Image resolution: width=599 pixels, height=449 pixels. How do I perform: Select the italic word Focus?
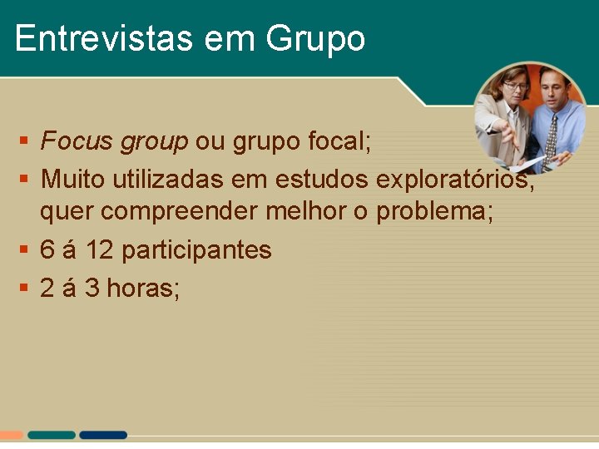coord(77,141)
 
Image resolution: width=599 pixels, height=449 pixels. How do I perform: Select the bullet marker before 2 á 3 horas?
coord(25,288)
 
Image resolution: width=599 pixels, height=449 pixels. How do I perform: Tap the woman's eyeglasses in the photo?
coord(516,86)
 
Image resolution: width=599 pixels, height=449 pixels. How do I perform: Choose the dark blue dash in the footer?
coord(103,435)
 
